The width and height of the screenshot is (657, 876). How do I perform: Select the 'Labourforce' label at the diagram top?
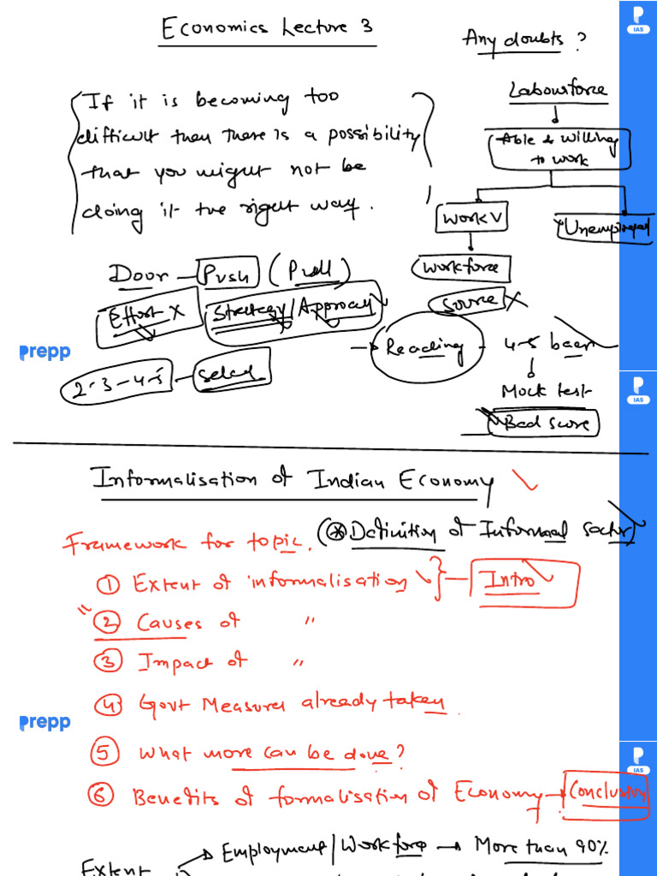557,90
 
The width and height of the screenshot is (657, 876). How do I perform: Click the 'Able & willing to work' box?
559,149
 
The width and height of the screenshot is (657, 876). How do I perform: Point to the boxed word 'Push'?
227,274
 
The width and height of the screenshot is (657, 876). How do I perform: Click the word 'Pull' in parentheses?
309,273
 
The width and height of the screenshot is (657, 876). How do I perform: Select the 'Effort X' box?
148,317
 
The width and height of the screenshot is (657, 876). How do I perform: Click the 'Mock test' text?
546,392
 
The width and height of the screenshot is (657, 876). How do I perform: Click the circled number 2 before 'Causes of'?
108,624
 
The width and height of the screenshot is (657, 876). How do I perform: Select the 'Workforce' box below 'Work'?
461,269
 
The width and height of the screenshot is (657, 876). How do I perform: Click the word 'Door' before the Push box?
139,275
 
